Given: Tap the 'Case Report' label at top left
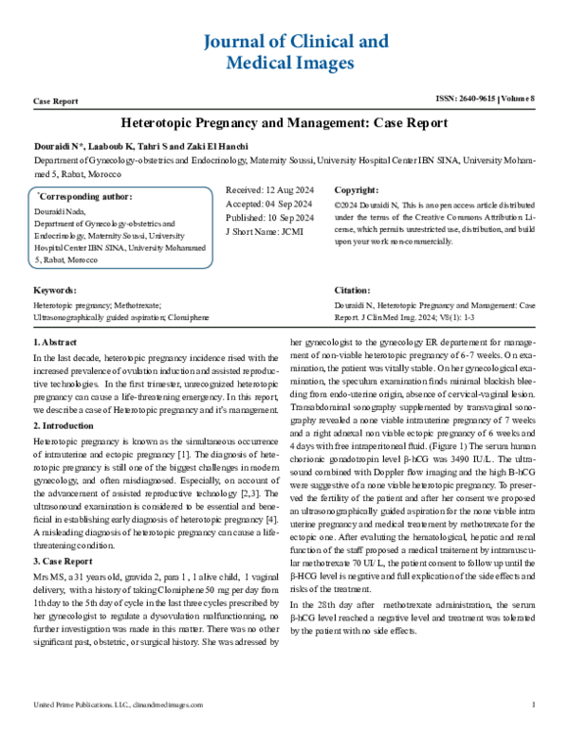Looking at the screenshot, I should click(x=56, y=100).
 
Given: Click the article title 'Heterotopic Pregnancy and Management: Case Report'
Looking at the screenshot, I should click(x=284, y=123).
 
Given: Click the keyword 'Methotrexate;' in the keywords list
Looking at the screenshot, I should click(x=135, y=305).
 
